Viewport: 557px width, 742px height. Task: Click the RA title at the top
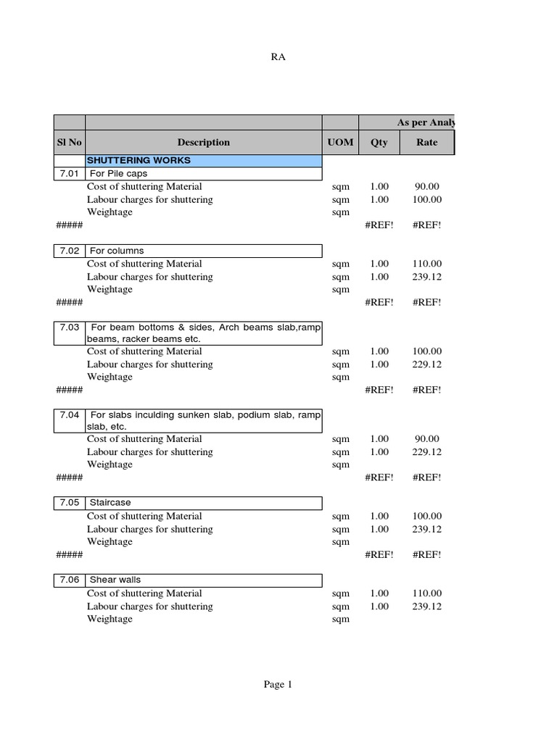pyautogui.click(x=278, y=58)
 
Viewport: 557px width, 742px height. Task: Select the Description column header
pyautogui.click(x=203, y=143)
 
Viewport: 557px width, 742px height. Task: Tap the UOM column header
pyautogui.click(x=340, y=143)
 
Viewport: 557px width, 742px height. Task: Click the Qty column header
pyautogui.click(x=379, y=143)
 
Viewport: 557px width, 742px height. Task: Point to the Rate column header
pyautogui.click(x=426, y=143)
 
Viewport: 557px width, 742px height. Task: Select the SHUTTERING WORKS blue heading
pyautogui.click(x=128, y=160)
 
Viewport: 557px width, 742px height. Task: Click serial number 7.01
pyautogui.click(x=69, y=174)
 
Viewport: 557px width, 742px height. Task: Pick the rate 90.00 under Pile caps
pyautogui.click(x=427, y=187)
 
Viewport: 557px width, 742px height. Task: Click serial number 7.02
pyautogui.click(x=69, y=251)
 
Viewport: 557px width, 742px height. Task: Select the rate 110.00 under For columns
pyautogui.click(x=427, y=264)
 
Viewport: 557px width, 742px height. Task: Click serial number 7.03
pyautogui.click(x=69, y=328)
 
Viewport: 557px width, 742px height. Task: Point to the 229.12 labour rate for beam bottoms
pyautogui.click(x=427, y=364)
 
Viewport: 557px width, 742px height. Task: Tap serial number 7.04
pyautogui.click(x=69, y=415)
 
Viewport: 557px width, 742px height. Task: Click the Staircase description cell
pyautogui.click(x=110, y=502)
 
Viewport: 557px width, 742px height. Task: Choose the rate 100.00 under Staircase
pyautogui.click(x=427, y=516)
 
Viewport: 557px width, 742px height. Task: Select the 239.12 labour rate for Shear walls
pyautogui.click(x=427, y=606)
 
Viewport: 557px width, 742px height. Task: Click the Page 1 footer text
pyautogui.click(x=278, y=684)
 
